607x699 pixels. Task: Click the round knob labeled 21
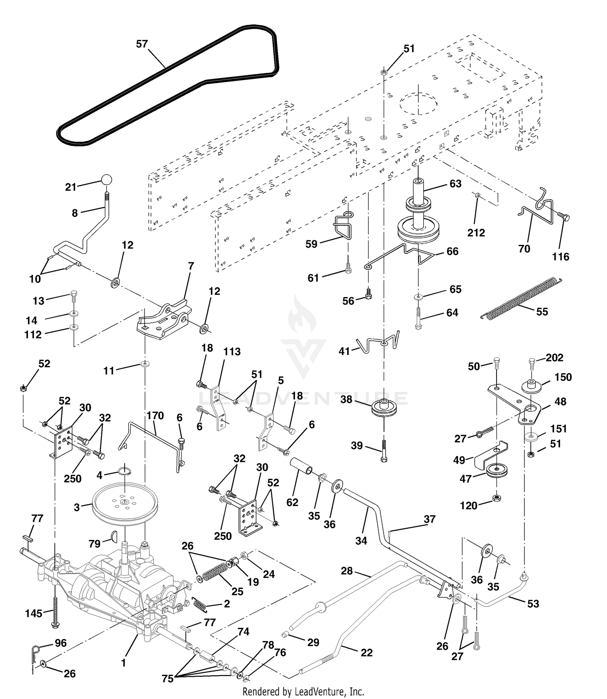[106, 180]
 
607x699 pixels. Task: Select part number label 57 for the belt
[142, 44]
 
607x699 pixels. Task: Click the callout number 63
[455, 184]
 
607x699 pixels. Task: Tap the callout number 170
[155, 416]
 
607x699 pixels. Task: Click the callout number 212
[476, 233]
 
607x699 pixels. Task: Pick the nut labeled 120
[496, 497]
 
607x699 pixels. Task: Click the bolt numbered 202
[533, 364]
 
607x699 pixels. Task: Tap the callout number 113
[232, 352]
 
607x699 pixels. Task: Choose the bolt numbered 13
[74, 296]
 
